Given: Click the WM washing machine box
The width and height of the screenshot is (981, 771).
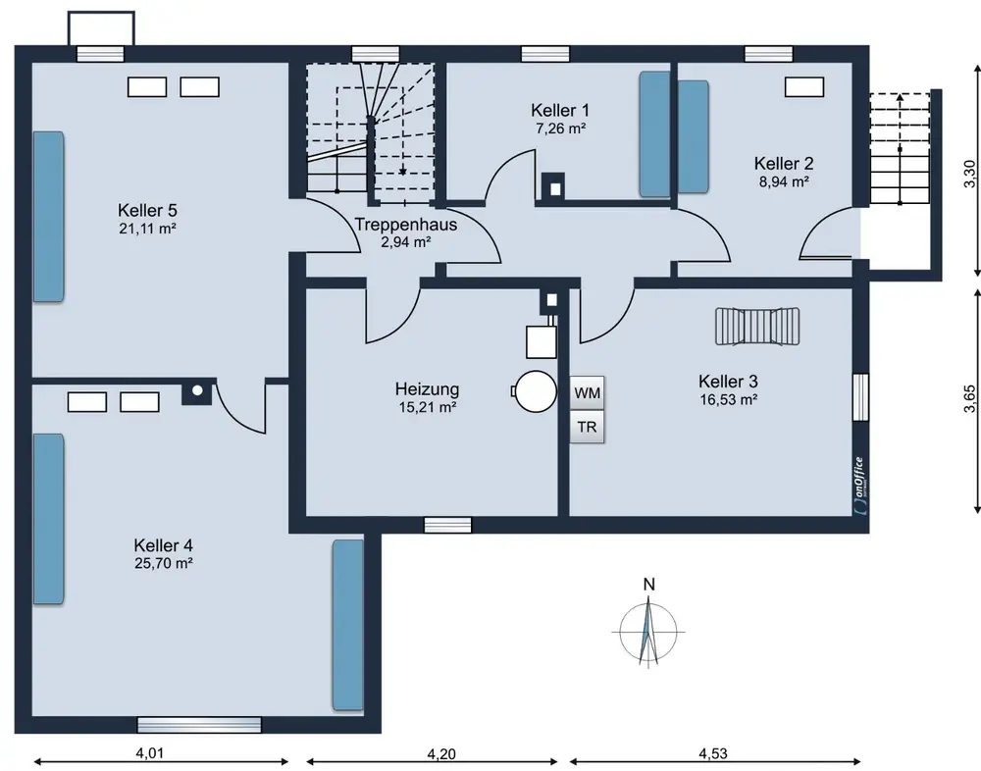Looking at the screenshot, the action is (587, 393).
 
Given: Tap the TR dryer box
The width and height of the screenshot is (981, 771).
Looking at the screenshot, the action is (587, 427).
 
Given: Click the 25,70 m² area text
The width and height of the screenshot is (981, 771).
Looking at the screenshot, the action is (163, 563).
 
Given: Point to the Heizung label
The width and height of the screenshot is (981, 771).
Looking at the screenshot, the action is (428, 389).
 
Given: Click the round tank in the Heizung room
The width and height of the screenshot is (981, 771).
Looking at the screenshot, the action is (535, 391).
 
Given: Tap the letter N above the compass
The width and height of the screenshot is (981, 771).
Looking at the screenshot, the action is (648, 585).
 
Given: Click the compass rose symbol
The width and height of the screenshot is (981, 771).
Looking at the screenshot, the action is (648, 631).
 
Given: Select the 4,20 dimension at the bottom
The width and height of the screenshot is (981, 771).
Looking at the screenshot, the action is (441, 754).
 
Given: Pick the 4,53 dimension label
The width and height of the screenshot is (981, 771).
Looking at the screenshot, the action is (713, 753).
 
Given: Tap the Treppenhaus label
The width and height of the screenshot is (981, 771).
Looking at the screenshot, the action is (406, 224).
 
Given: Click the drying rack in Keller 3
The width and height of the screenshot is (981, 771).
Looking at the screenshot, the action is (757, 326).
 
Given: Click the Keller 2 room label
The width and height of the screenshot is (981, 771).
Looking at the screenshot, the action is (784, 164).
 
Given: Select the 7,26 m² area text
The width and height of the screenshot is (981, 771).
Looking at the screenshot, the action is (560, 128).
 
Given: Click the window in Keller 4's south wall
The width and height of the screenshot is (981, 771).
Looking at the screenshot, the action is (199, 725).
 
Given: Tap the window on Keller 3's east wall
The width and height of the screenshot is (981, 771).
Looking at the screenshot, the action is (861, 397).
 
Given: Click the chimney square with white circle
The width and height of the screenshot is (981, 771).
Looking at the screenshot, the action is (198, 391).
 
